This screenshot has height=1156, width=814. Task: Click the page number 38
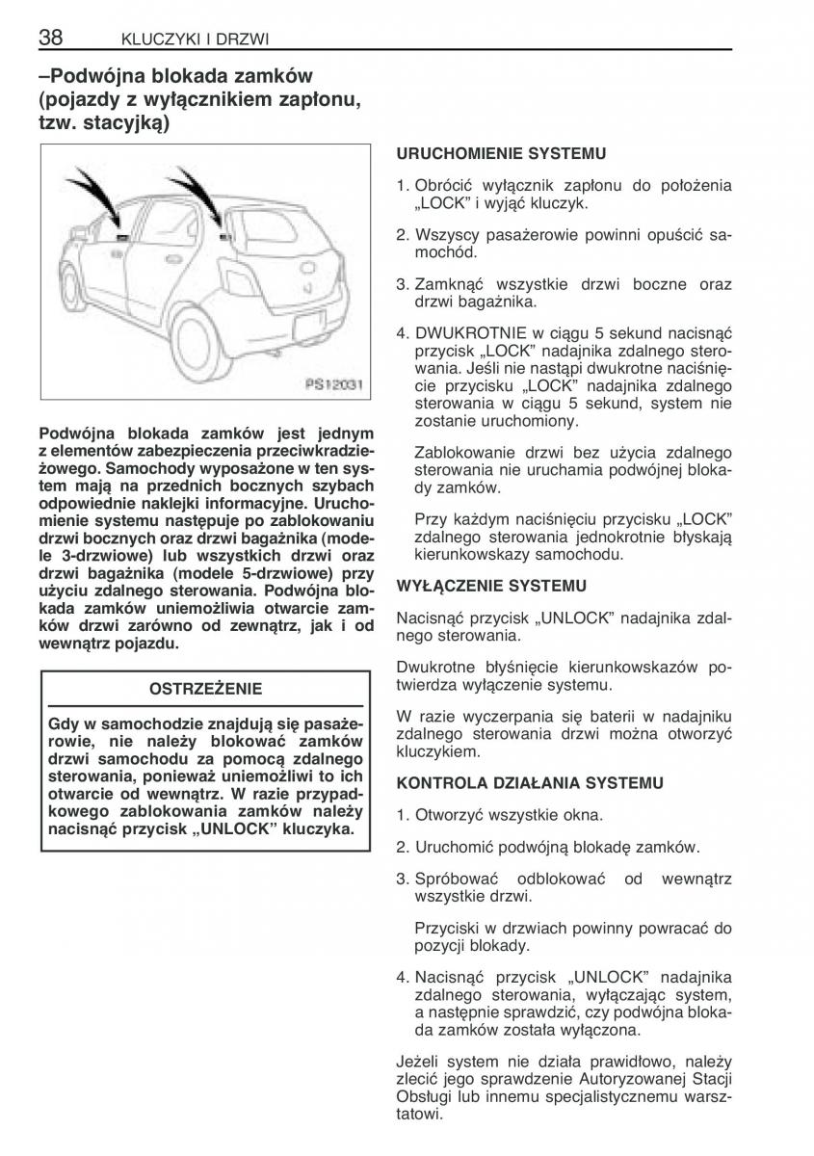pos(50,38)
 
